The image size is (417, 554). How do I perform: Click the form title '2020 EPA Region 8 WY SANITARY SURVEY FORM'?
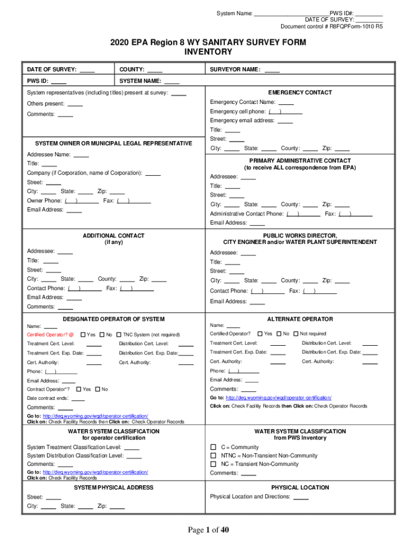click(x=208, y=42)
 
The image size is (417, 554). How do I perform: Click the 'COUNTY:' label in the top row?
click(x=132, y=69)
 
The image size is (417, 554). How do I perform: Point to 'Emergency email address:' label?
click(x=242, y=121)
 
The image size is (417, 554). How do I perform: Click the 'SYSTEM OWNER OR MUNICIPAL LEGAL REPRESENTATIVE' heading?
click(x=113, y=143)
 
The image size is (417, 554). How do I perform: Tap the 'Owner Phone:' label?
click(x=44, y=201)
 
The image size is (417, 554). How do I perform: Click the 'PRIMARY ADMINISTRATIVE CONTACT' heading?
click(x=299, y=161)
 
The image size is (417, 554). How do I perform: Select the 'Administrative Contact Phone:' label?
click(x=246, y=214)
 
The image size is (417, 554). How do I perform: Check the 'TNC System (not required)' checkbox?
click(x=119, y=334)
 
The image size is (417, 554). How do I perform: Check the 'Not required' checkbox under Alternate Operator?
click(x=295, y=334)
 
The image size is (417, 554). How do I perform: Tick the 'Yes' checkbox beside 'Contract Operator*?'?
click(x=79, y=389)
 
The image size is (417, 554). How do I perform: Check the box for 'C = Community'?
click(x=213, y=447)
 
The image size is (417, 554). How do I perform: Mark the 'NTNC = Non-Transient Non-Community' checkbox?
click(x=213, y=456)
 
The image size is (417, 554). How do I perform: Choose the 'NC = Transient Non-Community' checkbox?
click(x=213, y=464)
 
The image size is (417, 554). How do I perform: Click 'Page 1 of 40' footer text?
click(x=208, y=530)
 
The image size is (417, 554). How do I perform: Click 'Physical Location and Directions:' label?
click(x=251, y=497)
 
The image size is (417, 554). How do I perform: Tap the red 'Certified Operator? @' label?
click(x=50, y=335)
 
